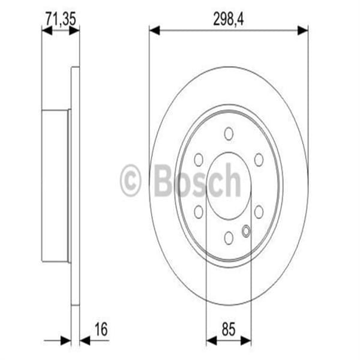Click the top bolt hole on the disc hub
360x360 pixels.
click(229, 133)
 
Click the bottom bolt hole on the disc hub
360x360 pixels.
click(229, 238)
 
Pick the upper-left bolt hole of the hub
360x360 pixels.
click(199, 160)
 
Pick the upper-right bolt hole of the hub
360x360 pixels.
click(259, 160)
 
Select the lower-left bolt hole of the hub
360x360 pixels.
click(199, 211)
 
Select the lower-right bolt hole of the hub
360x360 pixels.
click(259, 211)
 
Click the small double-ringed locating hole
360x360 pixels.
click(246, 230)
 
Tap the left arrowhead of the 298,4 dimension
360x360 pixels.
click(154, 29)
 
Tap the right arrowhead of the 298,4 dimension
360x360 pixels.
click(304, 29)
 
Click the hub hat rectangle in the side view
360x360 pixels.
click(55, 185)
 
